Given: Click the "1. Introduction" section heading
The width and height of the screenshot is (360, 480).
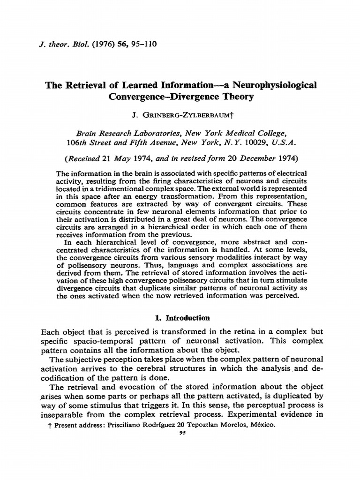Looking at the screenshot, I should tap(185, 317).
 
